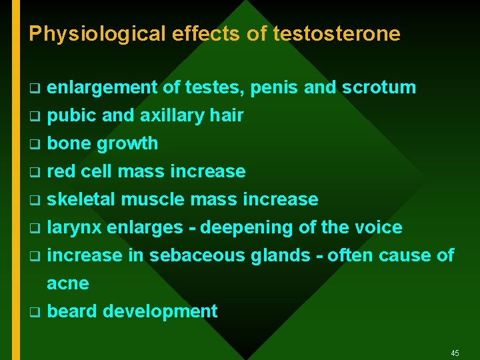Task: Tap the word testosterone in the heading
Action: [337, 33]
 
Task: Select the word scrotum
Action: [379, 87]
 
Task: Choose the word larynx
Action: [75, 228]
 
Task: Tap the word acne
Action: [68, 284]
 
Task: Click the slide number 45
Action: [455, 353]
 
